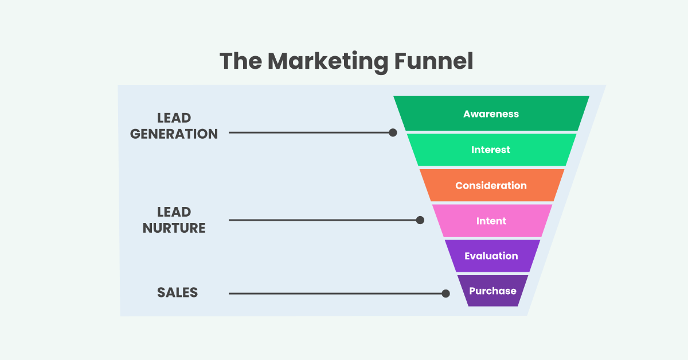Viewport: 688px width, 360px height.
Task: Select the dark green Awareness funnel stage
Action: pyautogui.click(x=491, y=114)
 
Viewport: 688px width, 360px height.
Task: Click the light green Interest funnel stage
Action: pyautogui.click(x=491, y=150)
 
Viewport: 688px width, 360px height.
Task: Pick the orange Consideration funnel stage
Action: pyautogui.click(x=491, y=185)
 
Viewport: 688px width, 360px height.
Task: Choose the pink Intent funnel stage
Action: pyautogui.click(x=491, y=221)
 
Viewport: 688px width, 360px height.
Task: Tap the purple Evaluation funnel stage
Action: pyautogui.click(x=491, y=256)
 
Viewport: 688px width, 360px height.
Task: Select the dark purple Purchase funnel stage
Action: pyautogui.click(x=492, y=291)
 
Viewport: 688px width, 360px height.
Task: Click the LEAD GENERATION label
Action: pyautogui.click(x=174, y=126)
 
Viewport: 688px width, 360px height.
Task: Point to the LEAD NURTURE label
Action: pyautogui.click(x=174, y=220)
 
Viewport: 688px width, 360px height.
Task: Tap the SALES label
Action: pyautogui.click(x=177, y=292)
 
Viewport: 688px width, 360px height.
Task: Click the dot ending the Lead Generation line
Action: pyautogui.click(x=393, y=132)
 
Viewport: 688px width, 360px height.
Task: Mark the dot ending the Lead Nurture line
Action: pyautogui.click(x=420, y=220)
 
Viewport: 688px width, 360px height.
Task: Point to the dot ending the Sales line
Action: pyautogui.click(x=445, y=294)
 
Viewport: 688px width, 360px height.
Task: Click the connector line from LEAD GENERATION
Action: pyautogui.click(x=310, y=132)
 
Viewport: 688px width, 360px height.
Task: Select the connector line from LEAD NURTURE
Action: pyautogui.click(x=324, y=220)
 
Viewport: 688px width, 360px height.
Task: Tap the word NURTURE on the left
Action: pyautogui.click(x=174, y=228)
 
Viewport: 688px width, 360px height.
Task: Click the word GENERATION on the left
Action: pyautogui.click(x=174, y=134)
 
